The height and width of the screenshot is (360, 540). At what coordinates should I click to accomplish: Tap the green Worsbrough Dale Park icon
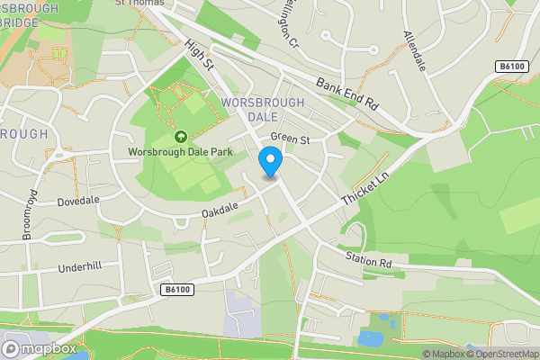[x=181, y=137]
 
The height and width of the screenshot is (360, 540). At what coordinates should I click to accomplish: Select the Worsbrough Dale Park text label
[x=181, y=152]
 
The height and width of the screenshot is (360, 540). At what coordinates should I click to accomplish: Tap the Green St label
[x=290, y=139]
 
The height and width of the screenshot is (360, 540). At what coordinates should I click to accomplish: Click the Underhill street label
[x=82, y=267]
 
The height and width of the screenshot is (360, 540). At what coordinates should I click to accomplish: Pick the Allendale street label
[x=414, y=49]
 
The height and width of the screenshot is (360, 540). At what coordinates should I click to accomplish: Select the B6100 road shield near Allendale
[x=512, y=67]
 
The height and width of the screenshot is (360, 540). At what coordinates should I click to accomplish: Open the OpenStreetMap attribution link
[x=501, y=354]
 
